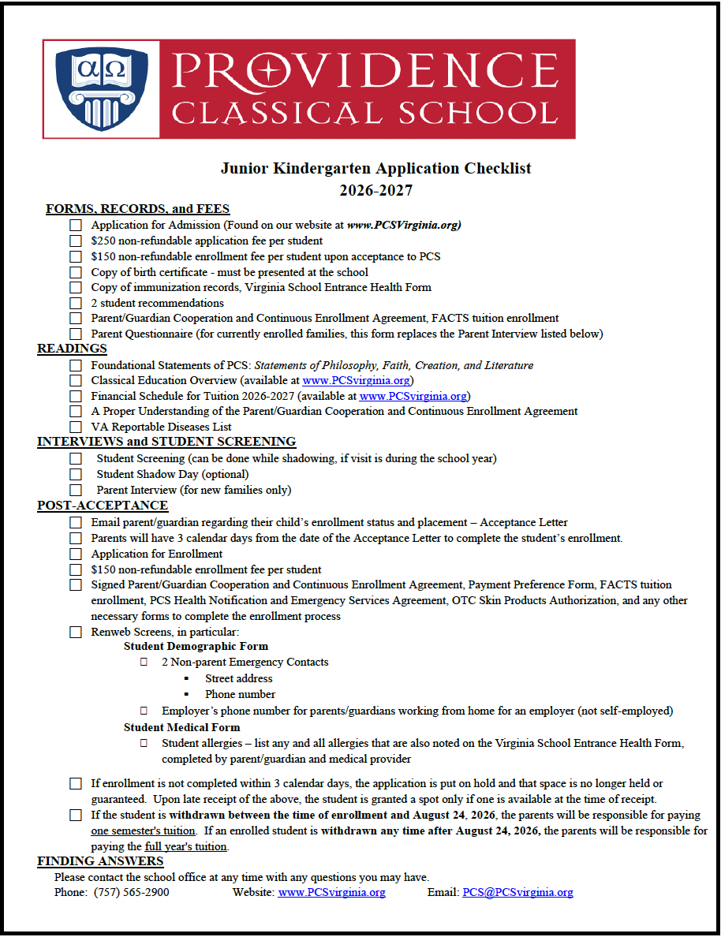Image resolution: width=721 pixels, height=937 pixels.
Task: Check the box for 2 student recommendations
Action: (76, 303)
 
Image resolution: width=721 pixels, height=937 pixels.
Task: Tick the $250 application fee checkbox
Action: (76, 241)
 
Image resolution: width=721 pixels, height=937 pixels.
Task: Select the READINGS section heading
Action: (72, 349)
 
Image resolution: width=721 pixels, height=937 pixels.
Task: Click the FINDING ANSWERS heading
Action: (100, 860)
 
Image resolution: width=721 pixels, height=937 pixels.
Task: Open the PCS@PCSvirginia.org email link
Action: (517, 892)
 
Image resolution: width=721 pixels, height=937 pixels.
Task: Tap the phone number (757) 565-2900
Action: (131, 892)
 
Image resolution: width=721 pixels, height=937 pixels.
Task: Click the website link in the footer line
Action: (331, 892)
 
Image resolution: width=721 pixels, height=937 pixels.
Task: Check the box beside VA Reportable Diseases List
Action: (76, 427)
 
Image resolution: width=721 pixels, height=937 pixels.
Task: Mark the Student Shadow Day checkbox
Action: (76, 474)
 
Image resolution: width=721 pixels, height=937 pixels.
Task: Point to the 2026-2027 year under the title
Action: (375, 190)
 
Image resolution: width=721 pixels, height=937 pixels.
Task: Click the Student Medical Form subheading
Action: (181, 726)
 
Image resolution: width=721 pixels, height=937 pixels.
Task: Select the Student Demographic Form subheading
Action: (196, 646)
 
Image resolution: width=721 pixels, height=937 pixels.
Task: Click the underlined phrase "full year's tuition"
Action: (186, 846)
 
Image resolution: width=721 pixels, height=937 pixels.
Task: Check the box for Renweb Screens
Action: (76, 632)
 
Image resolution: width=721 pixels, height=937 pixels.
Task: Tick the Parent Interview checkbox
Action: (76, 490)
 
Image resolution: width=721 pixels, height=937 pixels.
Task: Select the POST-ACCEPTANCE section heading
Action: (103, 505)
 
